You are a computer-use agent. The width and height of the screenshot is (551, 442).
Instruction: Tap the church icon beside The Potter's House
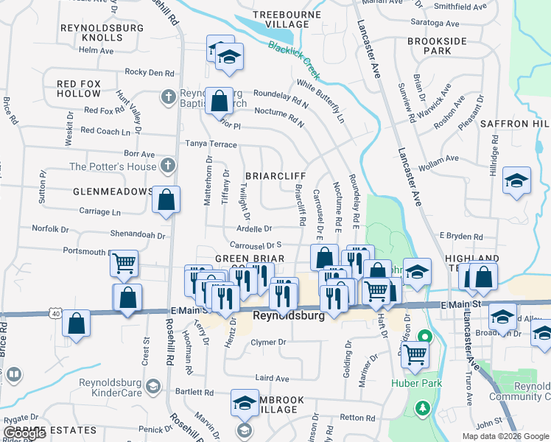169,166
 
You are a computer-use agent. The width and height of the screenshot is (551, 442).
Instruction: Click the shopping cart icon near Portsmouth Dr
124,262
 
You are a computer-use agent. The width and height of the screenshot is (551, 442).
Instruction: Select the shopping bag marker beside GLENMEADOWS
166,200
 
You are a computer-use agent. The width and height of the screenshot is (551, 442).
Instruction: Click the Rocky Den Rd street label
150,73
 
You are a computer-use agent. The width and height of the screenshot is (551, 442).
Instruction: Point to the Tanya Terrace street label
211,143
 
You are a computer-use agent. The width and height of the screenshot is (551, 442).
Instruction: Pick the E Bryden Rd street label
460,236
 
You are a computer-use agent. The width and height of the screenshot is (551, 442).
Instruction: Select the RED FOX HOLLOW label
79,88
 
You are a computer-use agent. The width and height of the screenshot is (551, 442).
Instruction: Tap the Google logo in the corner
24,434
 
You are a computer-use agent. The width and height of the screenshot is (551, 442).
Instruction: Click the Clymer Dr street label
268,343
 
